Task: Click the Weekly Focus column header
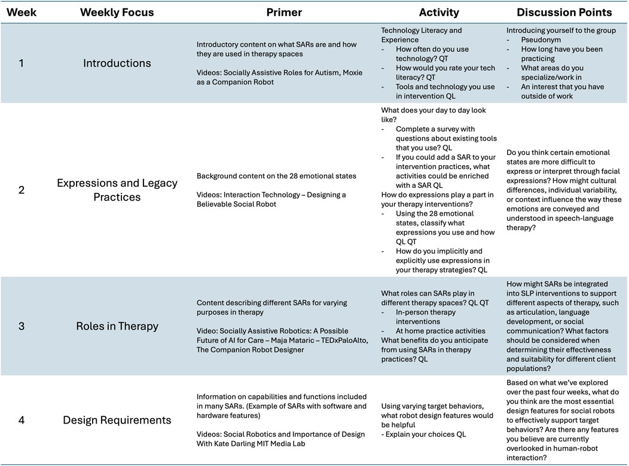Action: pos(117,13)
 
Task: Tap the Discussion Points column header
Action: pos(564,13)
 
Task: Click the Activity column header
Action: pos(439,13)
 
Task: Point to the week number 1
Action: pos(22,63)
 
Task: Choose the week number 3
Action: pos(22,326)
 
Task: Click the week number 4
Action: pos(22,420)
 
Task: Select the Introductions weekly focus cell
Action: pos(117,63)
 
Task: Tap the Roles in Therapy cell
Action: pos(117,326)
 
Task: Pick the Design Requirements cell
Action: pos(117,420)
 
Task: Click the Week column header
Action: pos(22,13)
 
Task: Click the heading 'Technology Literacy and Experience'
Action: pos(422,35)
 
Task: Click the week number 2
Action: pos(22,190)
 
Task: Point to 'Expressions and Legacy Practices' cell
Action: pos(117,190)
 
